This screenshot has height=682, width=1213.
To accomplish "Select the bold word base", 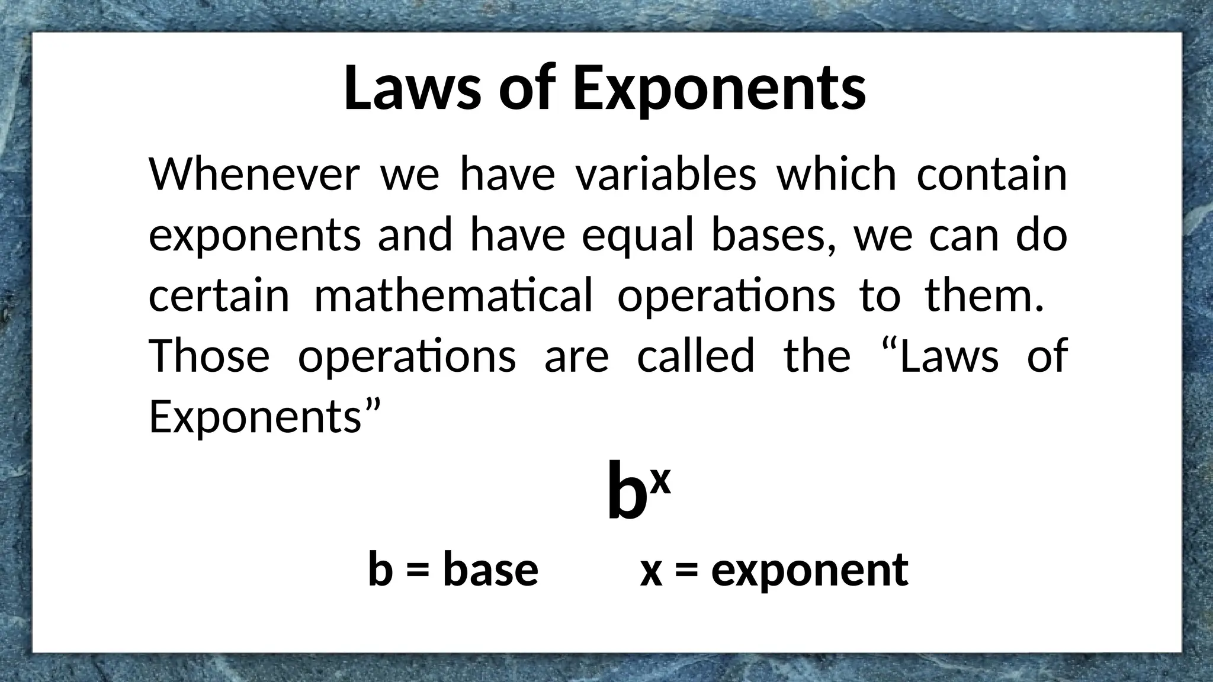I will (x=490, y=570).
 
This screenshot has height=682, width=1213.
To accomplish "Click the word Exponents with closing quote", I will (x=264, y=417).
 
